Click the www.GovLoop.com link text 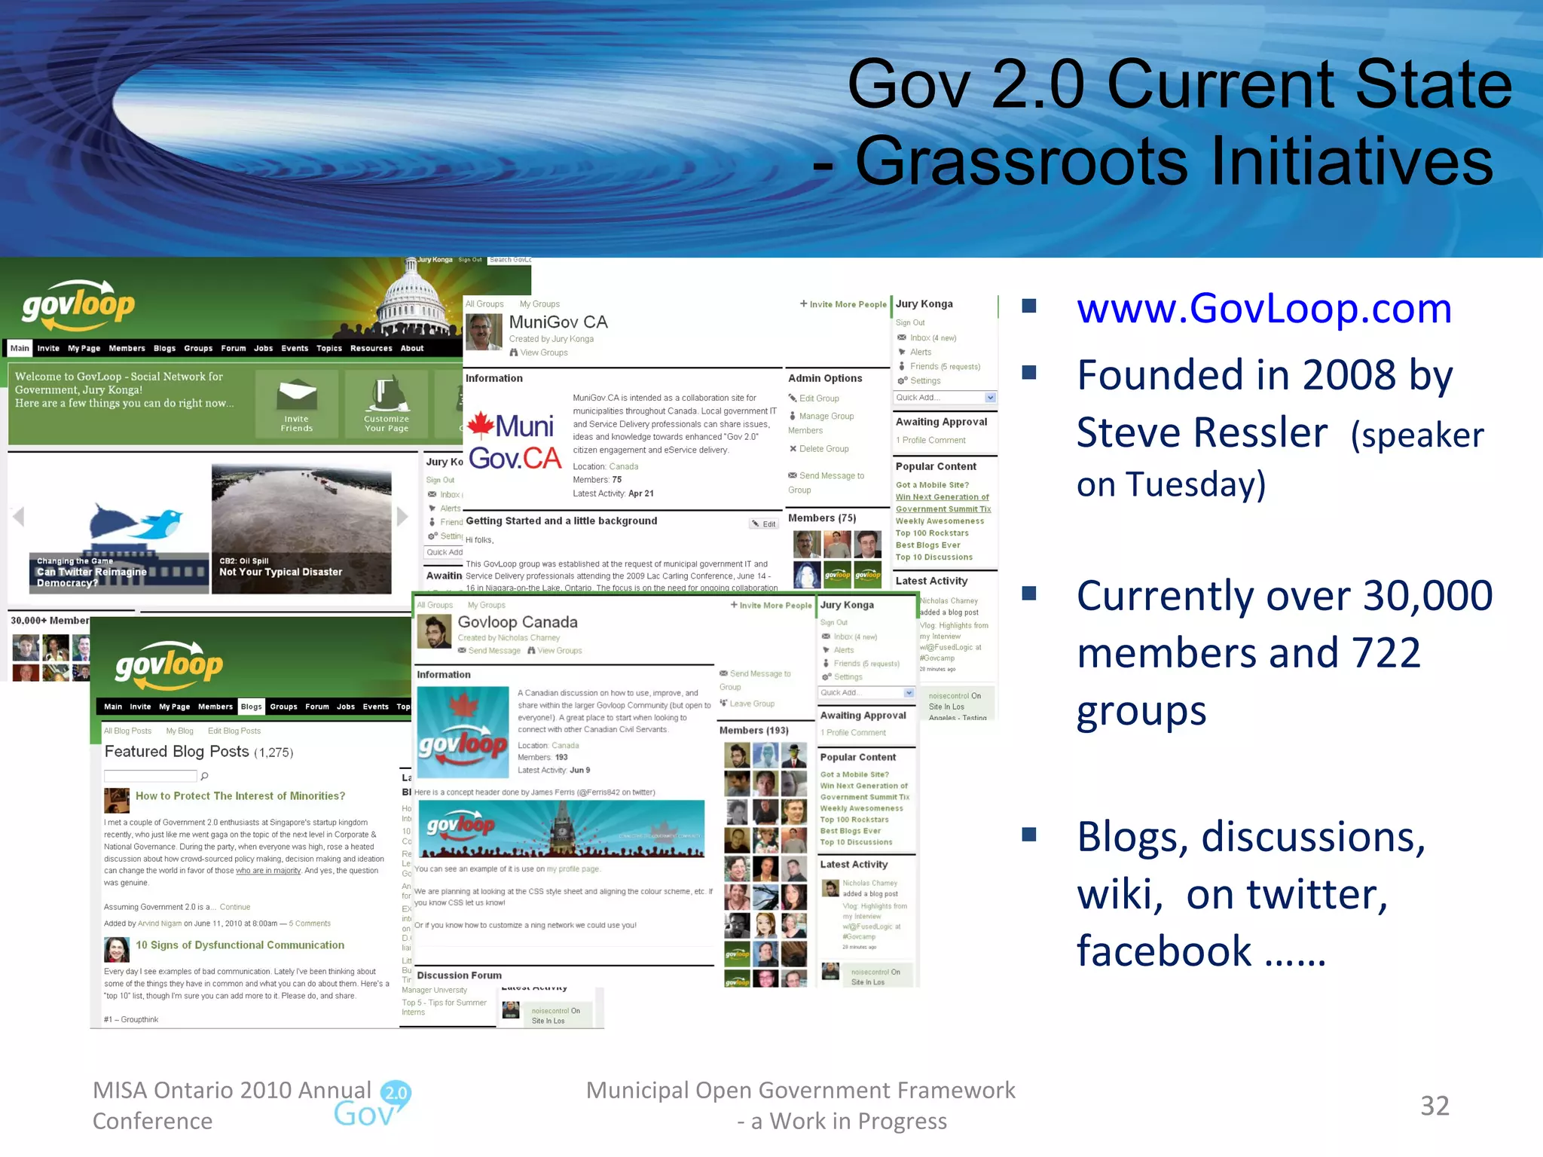(x=1263, y=308)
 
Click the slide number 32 (x=1435, y=1106)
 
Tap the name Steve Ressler (x=1202, y=433)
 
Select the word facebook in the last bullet (x=1164, y=951)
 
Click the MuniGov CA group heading (x=558, y=322)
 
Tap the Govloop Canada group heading (x=518, y=622)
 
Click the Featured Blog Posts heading (x=177, y=751)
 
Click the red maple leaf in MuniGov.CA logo (x=481, y=425)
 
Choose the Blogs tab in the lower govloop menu (x=251, y=707)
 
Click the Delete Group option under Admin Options (x=823, y=449)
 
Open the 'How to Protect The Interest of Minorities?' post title (x=240, y=796)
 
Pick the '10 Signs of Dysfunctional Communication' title (x=240, y=945)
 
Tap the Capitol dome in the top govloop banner (x=411, y=298)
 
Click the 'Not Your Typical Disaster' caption (x=280, y=572)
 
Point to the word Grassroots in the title (x=1021, y=160)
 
